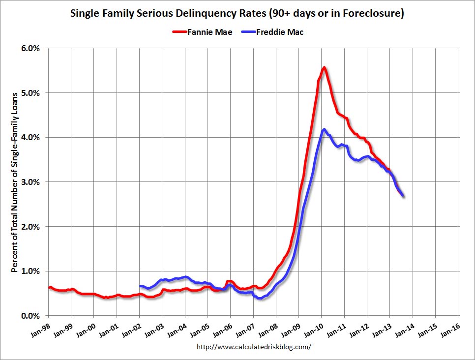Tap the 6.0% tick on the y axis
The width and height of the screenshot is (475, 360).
(30, 48)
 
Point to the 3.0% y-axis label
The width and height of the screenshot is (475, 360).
(30, 182)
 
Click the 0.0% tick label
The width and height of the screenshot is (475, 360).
(30, 316)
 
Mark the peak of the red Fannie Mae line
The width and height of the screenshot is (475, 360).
(324, 67)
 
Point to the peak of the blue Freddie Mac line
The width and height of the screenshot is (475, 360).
(324, 129)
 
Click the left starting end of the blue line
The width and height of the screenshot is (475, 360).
(140, 286)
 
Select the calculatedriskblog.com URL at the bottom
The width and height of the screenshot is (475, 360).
(254, 347)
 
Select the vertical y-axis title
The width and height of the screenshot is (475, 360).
(15, 182)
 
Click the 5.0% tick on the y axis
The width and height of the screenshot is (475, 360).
(30, 93)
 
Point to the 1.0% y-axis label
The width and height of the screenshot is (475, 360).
(30, 271)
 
